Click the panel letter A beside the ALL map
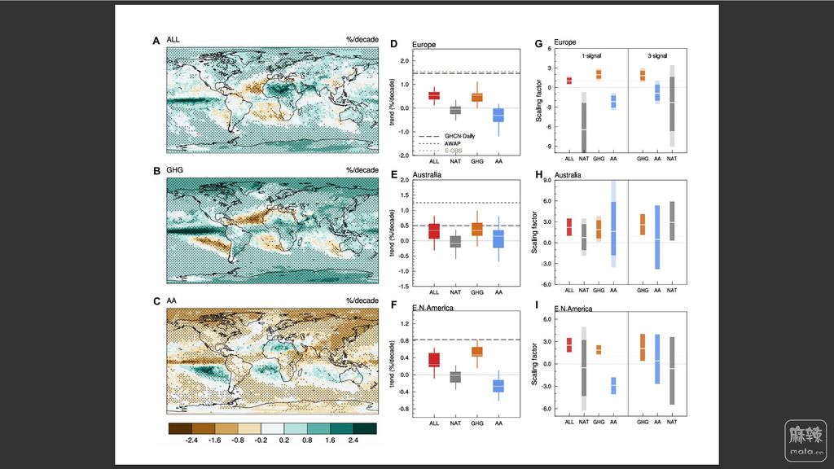tap(156, 41)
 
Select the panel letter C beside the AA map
tap(156, 300)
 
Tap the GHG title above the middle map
tap(173, 170)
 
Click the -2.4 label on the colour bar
tap(192, 440)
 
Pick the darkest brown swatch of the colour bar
tap(180, 427)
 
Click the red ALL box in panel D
tap(434, 95)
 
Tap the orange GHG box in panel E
tap(477, 229)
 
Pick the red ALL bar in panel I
tap(569, 345)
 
